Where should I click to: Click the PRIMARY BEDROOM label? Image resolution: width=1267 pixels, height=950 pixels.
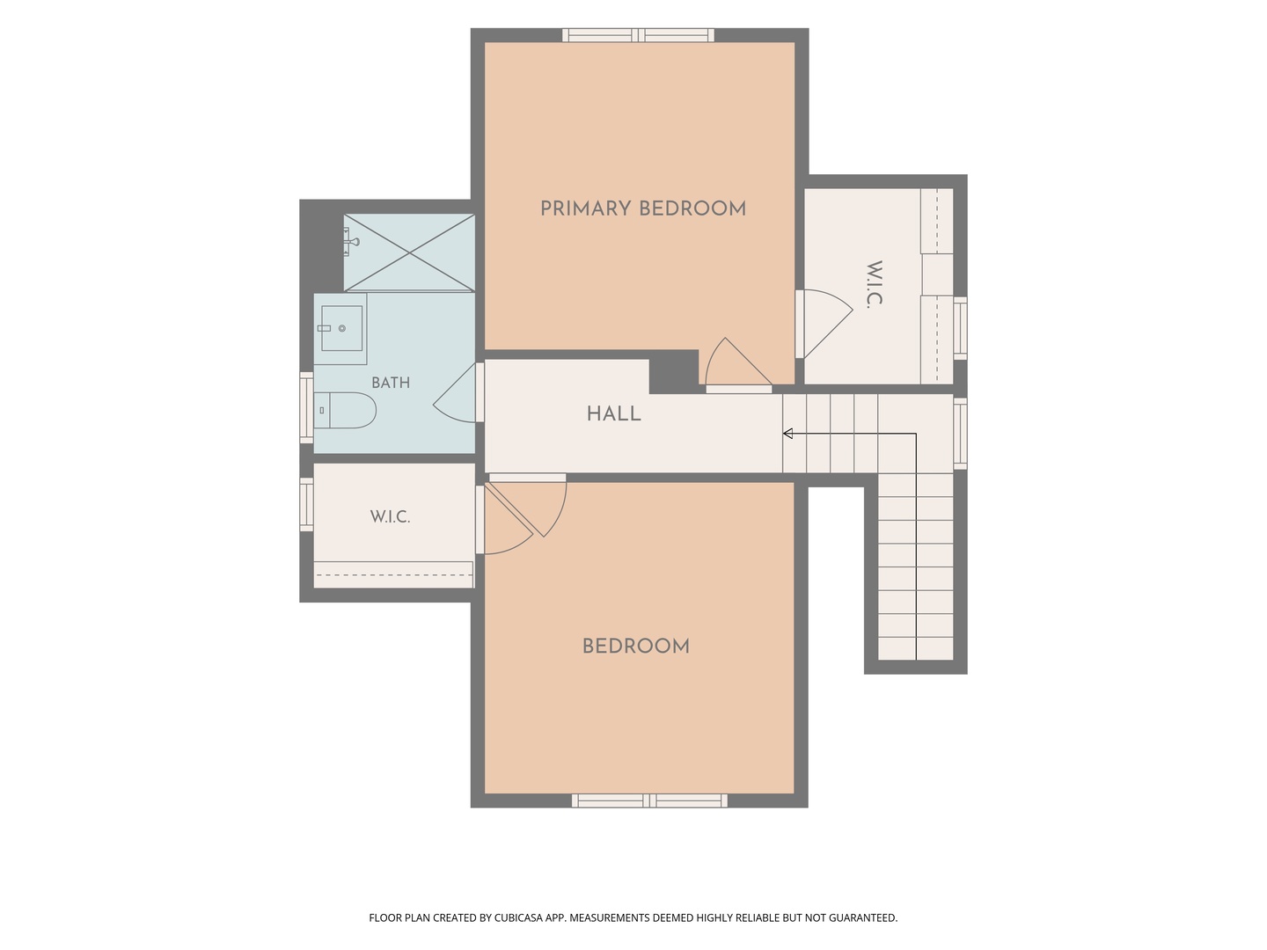click(x=642, y=208)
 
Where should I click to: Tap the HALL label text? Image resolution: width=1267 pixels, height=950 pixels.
click(x=613, y=413)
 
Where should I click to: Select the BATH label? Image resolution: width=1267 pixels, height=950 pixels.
click(x=391, y=383)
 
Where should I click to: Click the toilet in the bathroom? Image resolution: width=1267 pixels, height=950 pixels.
click(x=345, y=410)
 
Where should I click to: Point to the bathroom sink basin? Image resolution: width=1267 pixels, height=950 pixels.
click(x=341, y=328)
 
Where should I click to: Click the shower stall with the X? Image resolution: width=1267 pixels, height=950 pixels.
click(x=409, y=252)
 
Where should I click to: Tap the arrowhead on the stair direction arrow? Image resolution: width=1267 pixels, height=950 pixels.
click(x=787, y=433)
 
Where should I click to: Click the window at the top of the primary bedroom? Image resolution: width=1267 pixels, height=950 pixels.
click(x=639, y=35)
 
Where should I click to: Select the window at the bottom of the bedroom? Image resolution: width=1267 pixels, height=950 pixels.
click(x=649, y=800)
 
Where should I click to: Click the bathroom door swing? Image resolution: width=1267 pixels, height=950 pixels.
click(x=456, y=393)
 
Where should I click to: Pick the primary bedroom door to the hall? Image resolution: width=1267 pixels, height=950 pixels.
click(x=738, y=363)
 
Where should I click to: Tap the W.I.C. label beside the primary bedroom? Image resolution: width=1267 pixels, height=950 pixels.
click(x=875, y=285)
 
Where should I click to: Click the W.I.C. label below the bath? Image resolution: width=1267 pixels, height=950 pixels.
click(x=390, y=516)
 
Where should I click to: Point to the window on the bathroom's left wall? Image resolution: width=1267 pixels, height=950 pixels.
click(x=306, y=408)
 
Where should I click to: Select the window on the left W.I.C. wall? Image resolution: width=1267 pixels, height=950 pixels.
click(x=306, y=504)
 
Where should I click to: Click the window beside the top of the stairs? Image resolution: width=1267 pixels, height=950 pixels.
click(x=960, y=433)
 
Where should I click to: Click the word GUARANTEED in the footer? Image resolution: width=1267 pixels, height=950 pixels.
click(x=862, y=917)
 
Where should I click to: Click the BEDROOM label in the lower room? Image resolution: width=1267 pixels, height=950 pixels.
click(x=635, y=646)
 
